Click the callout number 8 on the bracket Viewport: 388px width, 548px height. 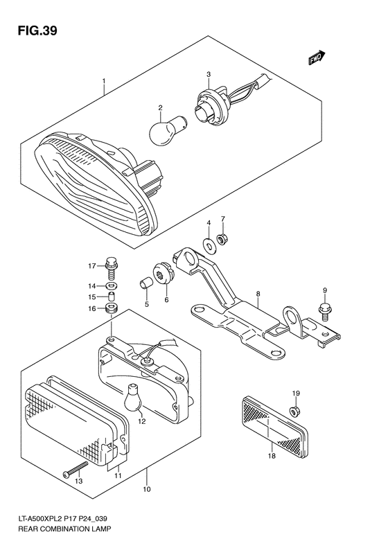click(x=257, y=294)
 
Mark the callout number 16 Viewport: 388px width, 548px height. click(x=91, y=310)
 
